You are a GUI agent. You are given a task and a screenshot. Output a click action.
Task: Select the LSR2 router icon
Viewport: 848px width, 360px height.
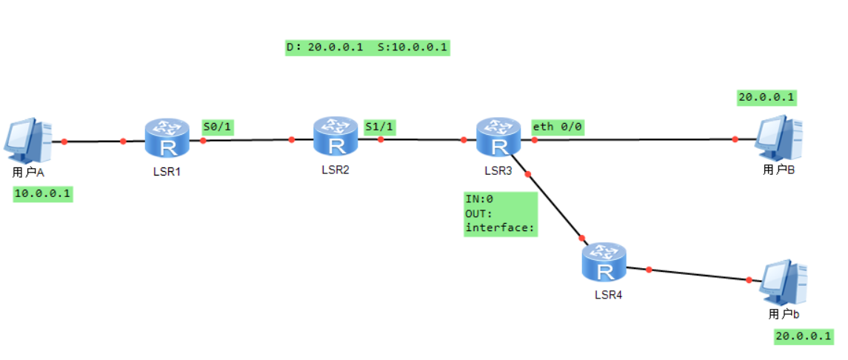pos(336,136)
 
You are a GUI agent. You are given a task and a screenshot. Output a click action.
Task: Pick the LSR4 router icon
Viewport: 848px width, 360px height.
pos(604,263)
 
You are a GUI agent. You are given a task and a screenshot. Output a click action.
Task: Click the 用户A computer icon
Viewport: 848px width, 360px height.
pos(28,141)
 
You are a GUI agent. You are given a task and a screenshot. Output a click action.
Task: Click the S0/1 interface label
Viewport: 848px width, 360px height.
pos(218,127)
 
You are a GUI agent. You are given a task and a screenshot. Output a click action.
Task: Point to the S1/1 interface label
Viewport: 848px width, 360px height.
pos(379,127)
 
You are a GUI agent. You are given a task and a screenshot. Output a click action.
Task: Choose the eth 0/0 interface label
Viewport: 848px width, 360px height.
pos(558,127)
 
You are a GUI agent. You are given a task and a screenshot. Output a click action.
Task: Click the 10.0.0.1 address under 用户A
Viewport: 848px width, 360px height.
pos(43,194)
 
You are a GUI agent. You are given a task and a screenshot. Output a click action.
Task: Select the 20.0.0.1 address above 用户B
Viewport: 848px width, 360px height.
pos(767,97)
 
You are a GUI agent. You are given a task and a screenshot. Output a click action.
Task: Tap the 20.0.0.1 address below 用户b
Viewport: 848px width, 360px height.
pos(804,336)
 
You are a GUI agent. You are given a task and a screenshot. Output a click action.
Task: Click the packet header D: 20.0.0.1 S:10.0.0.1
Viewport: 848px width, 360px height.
pos(367,48)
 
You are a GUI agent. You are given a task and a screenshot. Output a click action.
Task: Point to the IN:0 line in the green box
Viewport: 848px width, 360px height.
pos(479,199)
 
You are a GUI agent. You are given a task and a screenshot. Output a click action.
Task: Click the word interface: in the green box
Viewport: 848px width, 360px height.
pos(499,227)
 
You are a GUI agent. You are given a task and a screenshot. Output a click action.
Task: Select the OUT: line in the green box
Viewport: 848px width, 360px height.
pos(479,213)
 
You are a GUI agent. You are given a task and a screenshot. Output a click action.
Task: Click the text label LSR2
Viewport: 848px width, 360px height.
pos(335,170)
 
